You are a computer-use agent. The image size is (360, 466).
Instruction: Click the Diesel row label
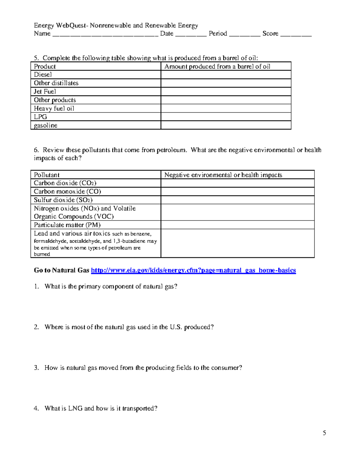(x=43, y=75)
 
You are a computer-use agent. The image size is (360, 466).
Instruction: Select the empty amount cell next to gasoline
(x=226, y=125)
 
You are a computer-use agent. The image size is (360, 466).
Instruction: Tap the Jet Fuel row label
(x=45, y=92)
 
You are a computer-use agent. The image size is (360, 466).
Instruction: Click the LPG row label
(x=40, y=117)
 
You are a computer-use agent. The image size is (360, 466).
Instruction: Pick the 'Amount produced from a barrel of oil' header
(x=217, y=66)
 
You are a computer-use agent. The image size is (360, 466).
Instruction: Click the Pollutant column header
(x=47, y=175)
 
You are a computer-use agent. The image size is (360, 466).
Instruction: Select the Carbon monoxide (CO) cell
(x=67, y=191)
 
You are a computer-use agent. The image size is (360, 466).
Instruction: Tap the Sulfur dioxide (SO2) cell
(x=63, y=200)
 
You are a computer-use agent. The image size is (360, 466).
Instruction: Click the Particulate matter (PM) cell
(x=67, y=225)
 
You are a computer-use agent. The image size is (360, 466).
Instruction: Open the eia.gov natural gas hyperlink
(x=193, y=270)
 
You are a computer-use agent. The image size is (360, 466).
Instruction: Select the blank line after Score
(x=296, y=34)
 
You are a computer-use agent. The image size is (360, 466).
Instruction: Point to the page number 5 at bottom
(x=324, y=433)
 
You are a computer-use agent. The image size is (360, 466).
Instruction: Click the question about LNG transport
(x=101, y=408)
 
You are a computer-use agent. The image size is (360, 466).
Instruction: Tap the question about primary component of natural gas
(x=111, y=286)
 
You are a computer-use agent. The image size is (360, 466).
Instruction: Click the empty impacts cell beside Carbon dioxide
(x=237, y=183)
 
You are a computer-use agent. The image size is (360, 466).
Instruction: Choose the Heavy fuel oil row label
(x=54, y=108)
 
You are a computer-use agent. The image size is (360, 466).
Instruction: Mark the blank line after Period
(x=244, y=34)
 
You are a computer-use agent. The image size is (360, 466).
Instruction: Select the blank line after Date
(x=191, y=34)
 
